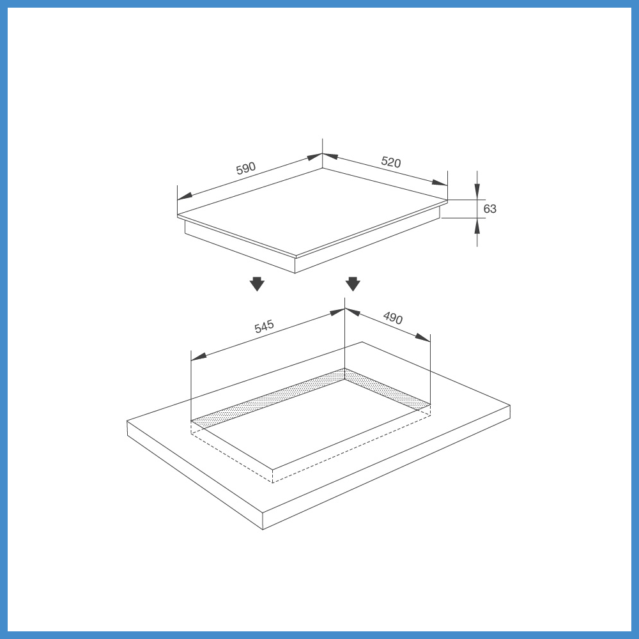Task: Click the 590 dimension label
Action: [x=246, y=168]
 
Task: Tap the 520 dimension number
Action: [x=391, y=162]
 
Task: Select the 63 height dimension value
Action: [x=489, y=209]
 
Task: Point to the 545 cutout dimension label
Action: [x=264, y=327]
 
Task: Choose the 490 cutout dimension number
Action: [x=393, y=318]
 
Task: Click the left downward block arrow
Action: [x=257, y=284]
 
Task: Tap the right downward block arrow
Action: [x=353, y=284]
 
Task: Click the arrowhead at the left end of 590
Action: [x=185, y=196]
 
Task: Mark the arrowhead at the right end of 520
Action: [x=440, y=183]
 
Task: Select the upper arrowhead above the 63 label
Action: [x=477, y=192]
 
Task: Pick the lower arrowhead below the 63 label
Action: [x=477, y=226]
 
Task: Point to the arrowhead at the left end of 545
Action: [x=199, y=357]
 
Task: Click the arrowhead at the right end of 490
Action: [x=422, y=337]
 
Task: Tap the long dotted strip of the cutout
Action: [x=268, y=399]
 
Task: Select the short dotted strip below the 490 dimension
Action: [x=388, y=388]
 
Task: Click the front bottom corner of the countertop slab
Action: [x=263, y=529]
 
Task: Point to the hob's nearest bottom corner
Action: [x=295, y=273]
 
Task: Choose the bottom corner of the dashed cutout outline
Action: [x=272, y=482]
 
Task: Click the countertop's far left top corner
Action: [x=127, y=421]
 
